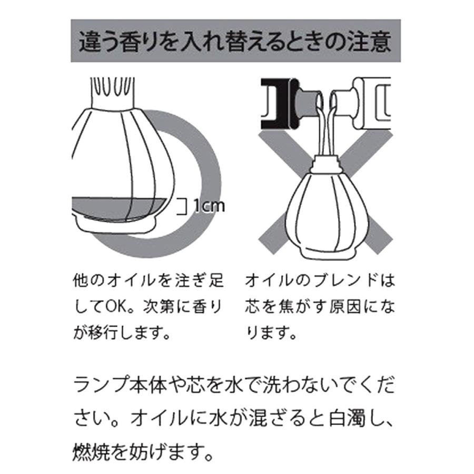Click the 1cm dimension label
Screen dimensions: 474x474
208,204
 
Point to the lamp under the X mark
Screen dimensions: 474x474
327,216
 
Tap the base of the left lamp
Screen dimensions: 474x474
116,224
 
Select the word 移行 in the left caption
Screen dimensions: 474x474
106,333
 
